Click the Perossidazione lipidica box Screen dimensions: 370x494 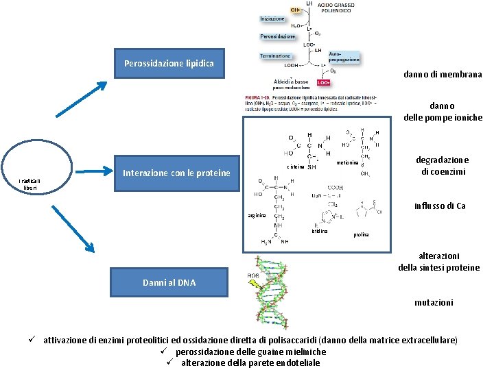point(169,64)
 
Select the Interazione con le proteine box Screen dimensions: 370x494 point(176,173)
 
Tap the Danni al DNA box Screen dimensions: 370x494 point(169,282)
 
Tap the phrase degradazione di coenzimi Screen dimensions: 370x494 point(442,165)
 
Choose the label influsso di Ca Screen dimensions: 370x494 point(440,206)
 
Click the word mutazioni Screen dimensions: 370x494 point(433,301)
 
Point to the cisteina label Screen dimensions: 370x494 point(296,167)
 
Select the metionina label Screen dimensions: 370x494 point(349,163)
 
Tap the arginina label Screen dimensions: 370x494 point(256,216)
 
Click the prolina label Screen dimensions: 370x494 point(362,235)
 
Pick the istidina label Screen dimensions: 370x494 point(319,231)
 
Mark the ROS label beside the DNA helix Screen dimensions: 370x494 point(252,276)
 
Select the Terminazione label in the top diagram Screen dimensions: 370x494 point(276,56)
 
